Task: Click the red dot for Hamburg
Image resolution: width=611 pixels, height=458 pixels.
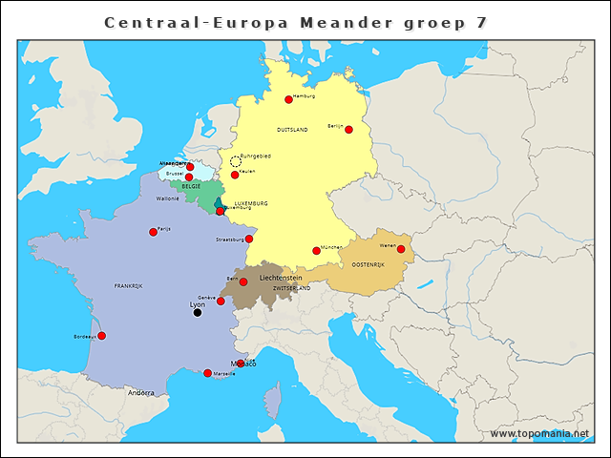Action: click(288, 99)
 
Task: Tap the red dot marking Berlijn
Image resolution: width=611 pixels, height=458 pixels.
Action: click(348, 130)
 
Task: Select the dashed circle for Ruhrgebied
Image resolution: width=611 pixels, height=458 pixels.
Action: click(235, 161)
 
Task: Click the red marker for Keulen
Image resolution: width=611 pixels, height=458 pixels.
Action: click(235, 176)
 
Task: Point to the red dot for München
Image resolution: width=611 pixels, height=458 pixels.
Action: click(316, 251)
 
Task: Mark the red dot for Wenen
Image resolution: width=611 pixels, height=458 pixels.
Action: click(401, 249)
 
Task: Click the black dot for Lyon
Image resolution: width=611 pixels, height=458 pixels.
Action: click(198, 312)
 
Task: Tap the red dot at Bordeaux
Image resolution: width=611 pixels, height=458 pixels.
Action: click(102, 336)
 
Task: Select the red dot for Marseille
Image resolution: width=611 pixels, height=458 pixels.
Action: click(207, 373)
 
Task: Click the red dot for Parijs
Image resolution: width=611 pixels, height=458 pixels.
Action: click(153, 232)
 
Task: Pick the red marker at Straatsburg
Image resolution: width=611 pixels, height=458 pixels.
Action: click(249, 239)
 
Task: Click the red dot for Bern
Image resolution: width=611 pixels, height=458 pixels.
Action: click(243, 281)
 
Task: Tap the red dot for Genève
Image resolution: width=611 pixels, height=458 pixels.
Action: click(221, 302)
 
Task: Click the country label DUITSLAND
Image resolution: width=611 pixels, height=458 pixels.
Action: click(292, 129)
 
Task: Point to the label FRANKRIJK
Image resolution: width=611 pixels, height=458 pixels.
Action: click(128, 285)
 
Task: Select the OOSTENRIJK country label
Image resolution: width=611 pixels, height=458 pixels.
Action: click(368, 264)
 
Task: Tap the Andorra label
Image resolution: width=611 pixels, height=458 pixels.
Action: click(141, 393)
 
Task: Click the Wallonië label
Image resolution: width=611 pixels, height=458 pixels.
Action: click(168, 198)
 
